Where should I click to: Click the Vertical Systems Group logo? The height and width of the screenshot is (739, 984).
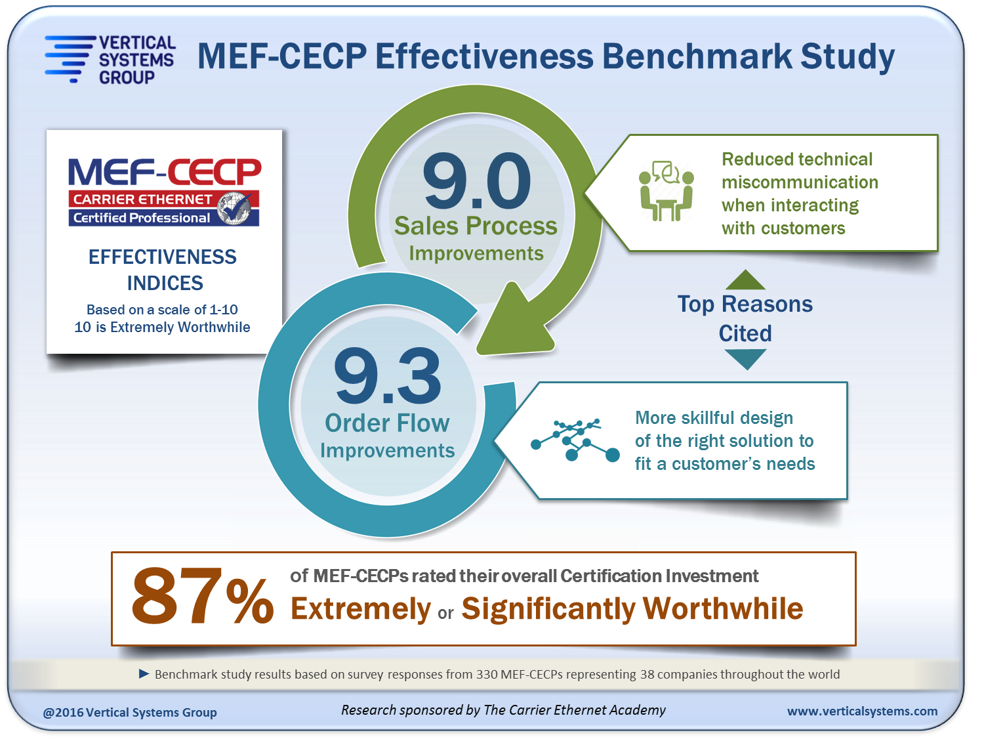(x=110, y=60)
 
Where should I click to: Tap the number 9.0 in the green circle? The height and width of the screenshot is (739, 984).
(x=476, y=180)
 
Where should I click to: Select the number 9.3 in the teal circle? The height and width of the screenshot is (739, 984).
(x=388, y=376)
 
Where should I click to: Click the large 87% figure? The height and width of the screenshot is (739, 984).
(x=202, y=596)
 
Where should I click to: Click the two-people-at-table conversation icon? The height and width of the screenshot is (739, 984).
(x=666, y=190)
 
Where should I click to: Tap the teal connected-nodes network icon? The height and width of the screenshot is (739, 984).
(x=575, y=440)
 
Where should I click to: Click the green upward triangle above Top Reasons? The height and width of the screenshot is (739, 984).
(x=745, y=280)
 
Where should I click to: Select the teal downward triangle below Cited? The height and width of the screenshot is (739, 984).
(x=745, y=360)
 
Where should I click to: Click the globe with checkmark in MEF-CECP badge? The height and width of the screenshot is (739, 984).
(x=234, y=208)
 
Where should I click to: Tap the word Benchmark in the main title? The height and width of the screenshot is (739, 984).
(x=697, y=56)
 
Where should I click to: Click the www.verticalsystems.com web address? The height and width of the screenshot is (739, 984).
(x=862, y=711)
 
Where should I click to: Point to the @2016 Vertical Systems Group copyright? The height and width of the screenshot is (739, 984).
(x=129, y=712)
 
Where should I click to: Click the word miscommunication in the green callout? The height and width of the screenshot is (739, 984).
(x=800, y=182)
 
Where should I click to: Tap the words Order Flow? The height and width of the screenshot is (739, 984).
(x=387, y=423)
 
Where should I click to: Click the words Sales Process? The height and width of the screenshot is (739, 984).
(x=476, y=226)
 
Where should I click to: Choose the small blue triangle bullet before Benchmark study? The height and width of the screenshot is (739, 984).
(x=144, y=673)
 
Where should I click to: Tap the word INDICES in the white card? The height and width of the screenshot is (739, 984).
(x=165, y=283)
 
